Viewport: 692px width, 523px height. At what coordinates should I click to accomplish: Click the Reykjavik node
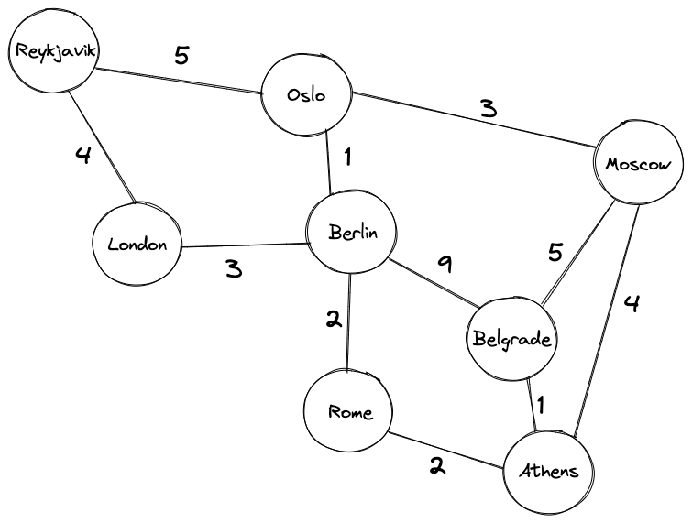[51, 51]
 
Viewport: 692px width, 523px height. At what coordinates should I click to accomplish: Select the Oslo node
[307, 94]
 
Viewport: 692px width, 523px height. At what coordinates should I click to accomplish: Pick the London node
[137, 245]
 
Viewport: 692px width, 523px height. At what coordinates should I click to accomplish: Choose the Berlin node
[352, 233]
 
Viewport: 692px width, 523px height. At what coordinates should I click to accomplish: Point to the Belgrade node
[512, 339]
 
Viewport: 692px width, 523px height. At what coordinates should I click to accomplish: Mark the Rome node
[351, 411]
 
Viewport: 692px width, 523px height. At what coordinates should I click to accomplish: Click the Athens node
[549, 472]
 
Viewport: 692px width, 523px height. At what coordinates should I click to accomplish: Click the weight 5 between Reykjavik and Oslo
[181, 56]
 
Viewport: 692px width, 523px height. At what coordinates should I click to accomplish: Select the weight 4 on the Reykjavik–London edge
[83, 155]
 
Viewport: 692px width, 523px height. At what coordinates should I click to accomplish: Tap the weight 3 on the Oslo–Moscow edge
[489, 108]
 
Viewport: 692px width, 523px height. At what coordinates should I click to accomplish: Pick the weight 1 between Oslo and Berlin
[347, 158]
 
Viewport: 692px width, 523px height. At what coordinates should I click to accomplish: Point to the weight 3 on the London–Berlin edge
[234, 270]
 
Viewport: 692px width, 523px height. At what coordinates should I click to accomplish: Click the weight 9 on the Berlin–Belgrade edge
[445, 265]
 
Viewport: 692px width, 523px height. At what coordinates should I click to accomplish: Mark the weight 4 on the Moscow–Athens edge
[630, 303]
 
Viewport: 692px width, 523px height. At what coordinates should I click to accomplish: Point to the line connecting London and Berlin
[244, 245]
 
